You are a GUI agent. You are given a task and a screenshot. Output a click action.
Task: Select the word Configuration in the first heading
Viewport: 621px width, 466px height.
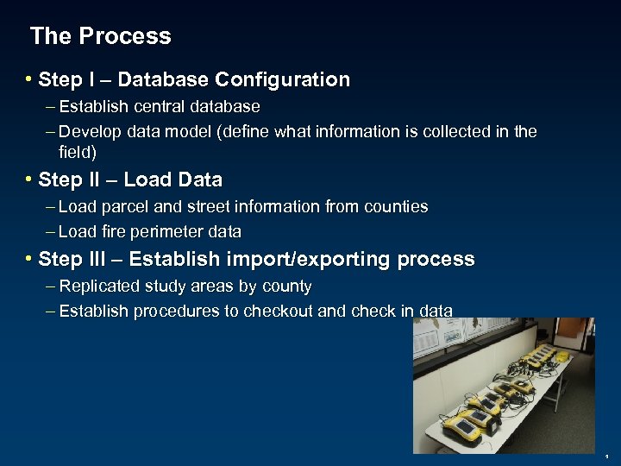pyautogui.click(x=282, y=80)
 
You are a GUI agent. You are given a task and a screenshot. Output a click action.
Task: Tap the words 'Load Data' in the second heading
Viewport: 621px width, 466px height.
pyautogui.click(x=172, y=180)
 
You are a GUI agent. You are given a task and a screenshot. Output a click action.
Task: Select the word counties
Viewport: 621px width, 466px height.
pyautogui.click(x=395, y=207)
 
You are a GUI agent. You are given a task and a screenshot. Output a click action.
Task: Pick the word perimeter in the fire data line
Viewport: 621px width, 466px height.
pyautogui.click(x=164, y=232)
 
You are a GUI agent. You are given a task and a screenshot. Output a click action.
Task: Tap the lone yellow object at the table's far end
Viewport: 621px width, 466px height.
pyautogui.click(x=563, y=356)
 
